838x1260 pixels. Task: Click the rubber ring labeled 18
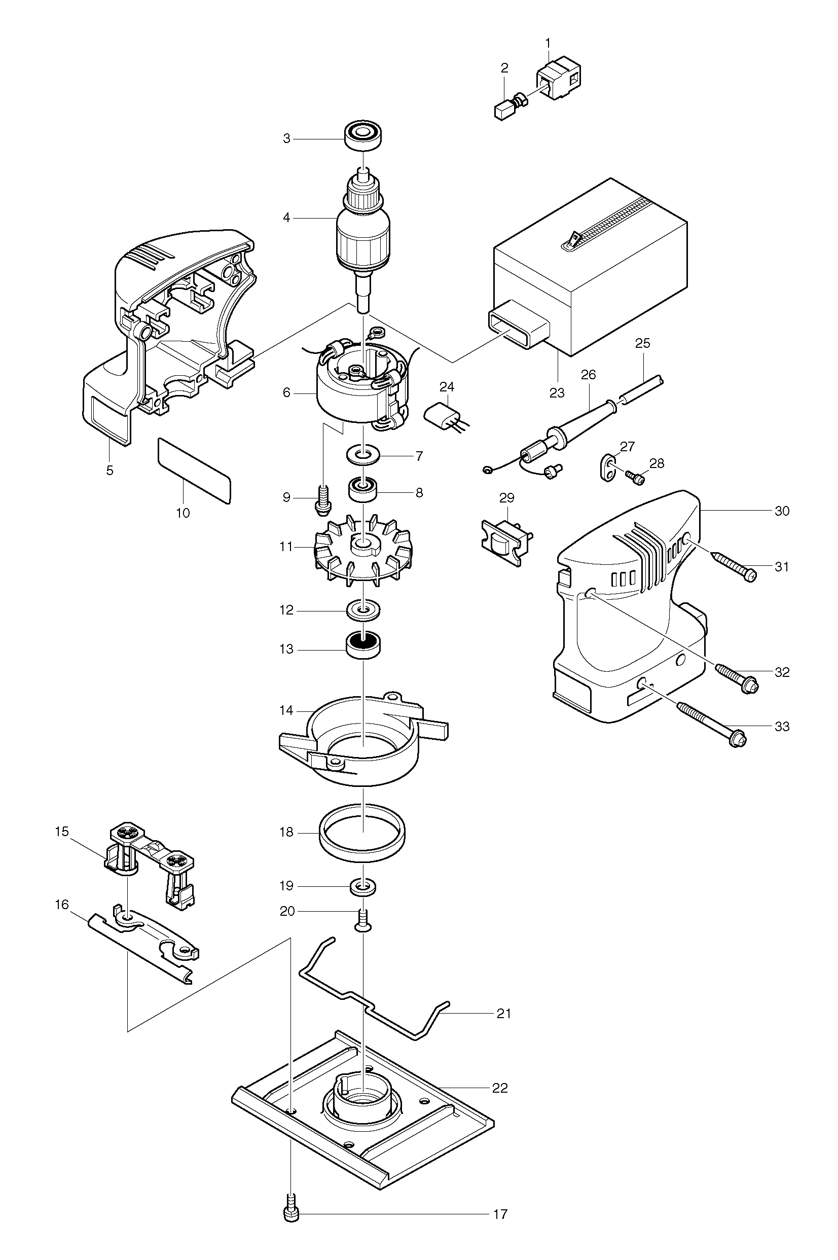362,833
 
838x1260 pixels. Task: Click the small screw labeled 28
635,477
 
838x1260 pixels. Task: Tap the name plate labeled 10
194,470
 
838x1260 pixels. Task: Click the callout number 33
781,726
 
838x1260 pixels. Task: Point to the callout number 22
500,1088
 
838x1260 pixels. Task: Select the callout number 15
62,831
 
